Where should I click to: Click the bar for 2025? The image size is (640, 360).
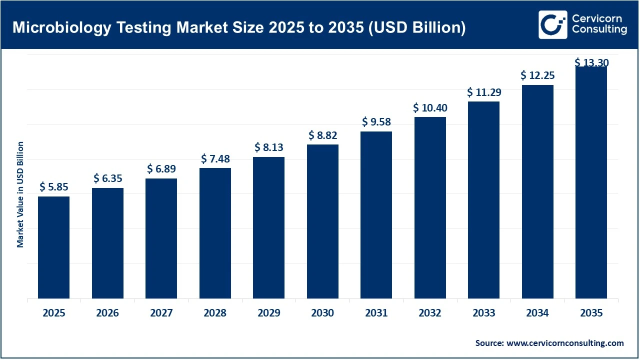coord(53,247)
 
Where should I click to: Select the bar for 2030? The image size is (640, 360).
coord(322,221)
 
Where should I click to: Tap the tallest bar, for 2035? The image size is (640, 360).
coord(591,182)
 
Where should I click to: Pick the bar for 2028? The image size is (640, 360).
coord(215,233)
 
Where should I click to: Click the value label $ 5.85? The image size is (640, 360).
coord(53,187)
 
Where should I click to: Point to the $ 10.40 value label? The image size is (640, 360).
coord(430,108)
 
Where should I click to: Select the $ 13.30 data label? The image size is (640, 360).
coord(591,62)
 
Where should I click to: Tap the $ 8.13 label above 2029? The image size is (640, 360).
coord(268,147)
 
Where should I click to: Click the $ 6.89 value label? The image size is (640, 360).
coord(161,169)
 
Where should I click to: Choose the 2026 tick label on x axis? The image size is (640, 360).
coord(107,313)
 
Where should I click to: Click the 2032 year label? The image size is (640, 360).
coord(430,313)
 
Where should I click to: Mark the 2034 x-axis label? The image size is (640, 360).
coord(537,313)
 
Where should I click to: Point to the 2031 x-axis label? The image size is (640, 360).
coord(376,313)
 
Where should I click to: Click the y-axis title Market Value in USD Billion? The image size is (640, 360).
coord(20,194)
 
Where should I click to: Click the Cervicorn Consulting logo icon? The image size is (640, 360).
coord(552,24)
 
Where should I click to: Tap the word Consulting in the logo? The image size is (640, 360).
coord(599,30)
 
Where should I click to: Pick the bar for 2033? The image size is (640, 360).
coord(483,200)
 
